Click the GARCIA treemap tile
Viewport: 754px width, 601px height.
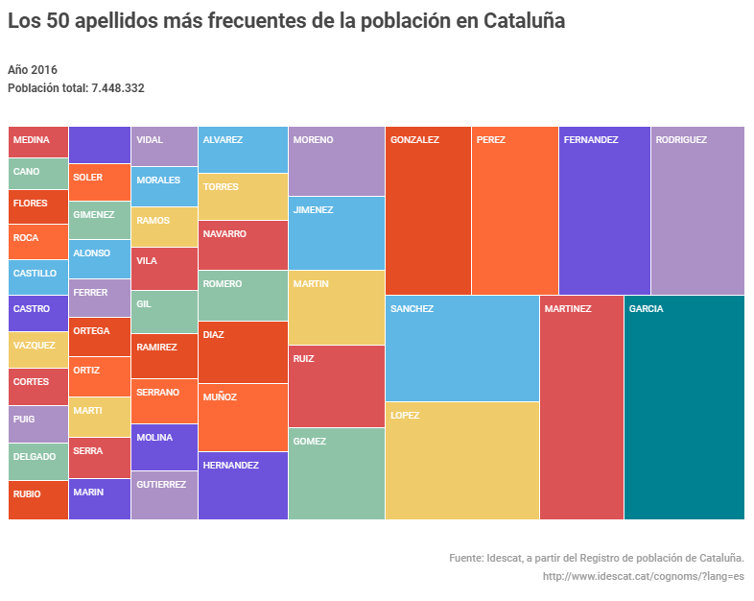coord(684,407)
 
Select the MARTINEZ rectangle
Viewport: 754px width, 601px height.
coord(581,407)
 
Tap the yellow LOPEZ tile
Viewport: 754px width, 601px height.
coord(461,461)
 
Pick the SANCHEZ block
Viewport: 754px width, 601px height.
coord(461,348)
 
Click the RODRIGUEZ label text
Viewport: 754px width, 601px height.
coord(681,140)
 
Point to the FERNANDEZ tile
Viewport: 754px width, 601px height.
coord(604,210)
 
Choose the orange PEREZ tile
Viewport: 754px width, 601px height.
coord(514,210)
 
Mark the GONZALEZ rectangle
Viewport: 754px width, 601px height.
coord(428,210)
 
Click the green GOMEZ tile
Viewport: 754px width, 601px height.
coord(336,473)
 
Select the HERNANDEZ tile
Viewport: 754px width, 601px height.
coord(243,486)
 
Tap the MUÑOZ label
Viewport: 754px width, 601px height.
coord(220,397)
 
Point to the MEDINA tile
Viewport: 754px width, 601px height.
coord(38,142)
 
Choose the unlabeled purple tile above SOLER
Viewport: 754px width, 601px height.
coord(100,145)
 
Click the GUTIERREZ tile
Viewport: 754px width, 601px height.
coord(164,495)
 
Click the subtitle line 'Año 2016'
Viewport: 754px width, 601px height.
coord(33,70)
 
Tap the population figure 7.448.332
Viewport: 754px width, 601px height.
coord(117,88)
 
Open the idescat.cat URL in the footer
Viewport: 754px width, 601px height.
coord(643,576)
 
